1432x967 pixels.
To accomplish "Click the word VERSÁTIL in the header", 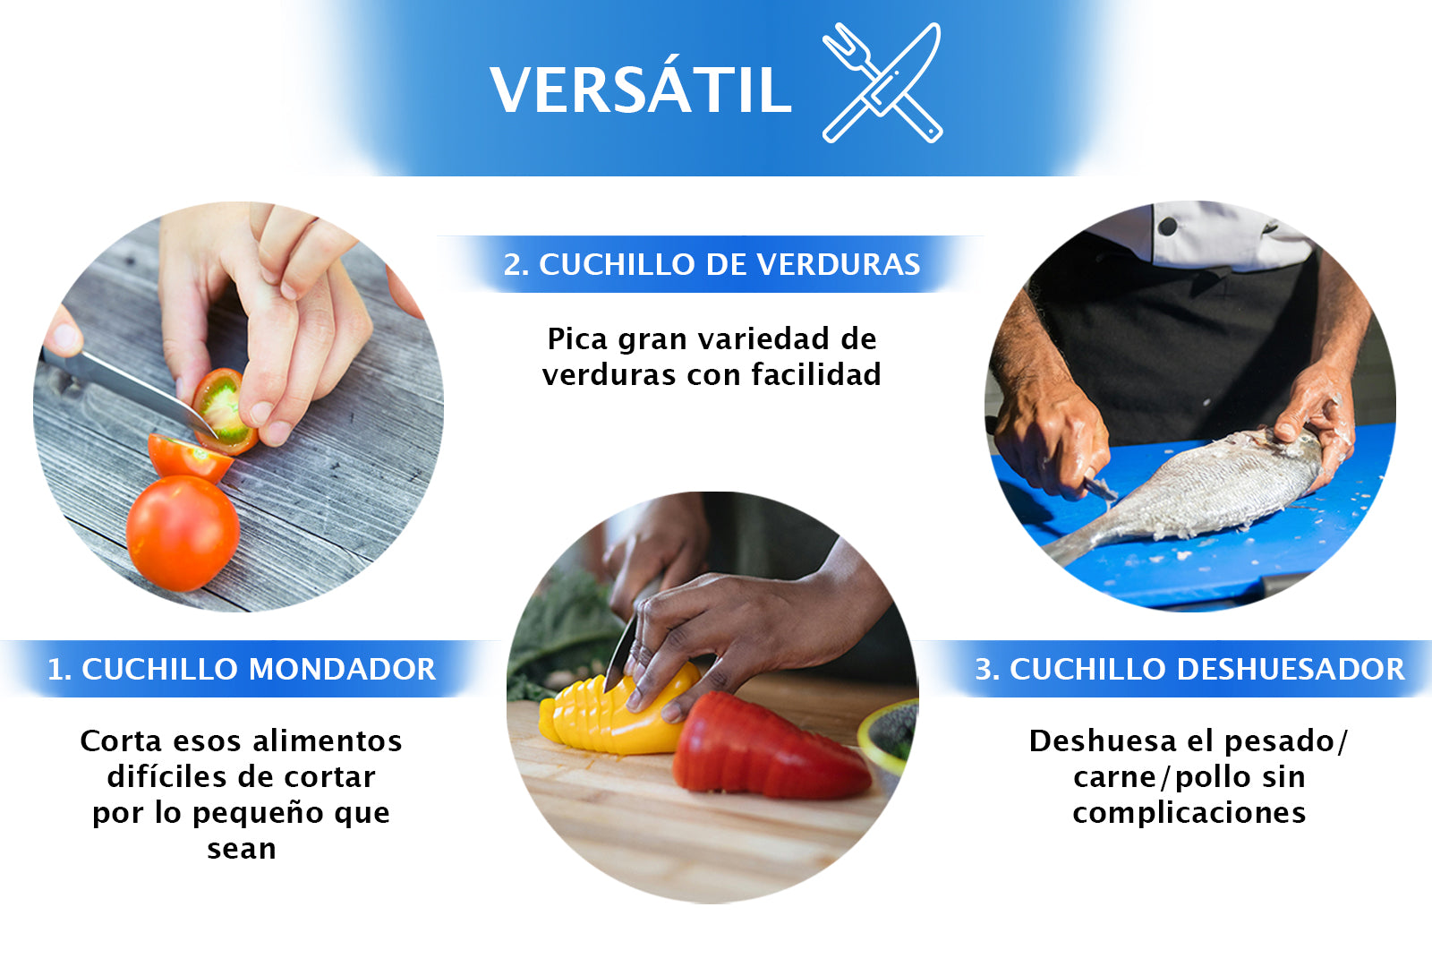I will [640, 90].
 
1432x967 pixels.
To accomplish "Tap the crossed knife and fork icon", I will [882, 82].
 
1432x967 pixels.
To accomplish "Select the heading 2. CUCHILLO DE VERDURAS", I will [712, 264].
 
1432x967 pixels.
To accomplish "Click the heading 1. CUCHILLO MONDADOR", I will [241, 669].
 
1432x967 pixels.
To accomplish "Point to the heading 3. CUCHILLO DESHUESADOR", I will [1189, 669].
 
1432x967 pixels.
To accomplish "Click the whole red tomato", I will [183, 533].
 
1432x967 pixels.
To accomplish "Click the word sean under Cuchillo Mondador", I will [241, 848].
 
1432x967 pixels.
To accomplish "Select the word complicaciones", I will [1189, 812].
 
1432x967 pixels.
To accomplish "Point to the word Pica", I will [577, 339].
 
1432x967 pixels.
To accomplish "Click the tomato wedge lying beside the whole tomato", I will [188, 457].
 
